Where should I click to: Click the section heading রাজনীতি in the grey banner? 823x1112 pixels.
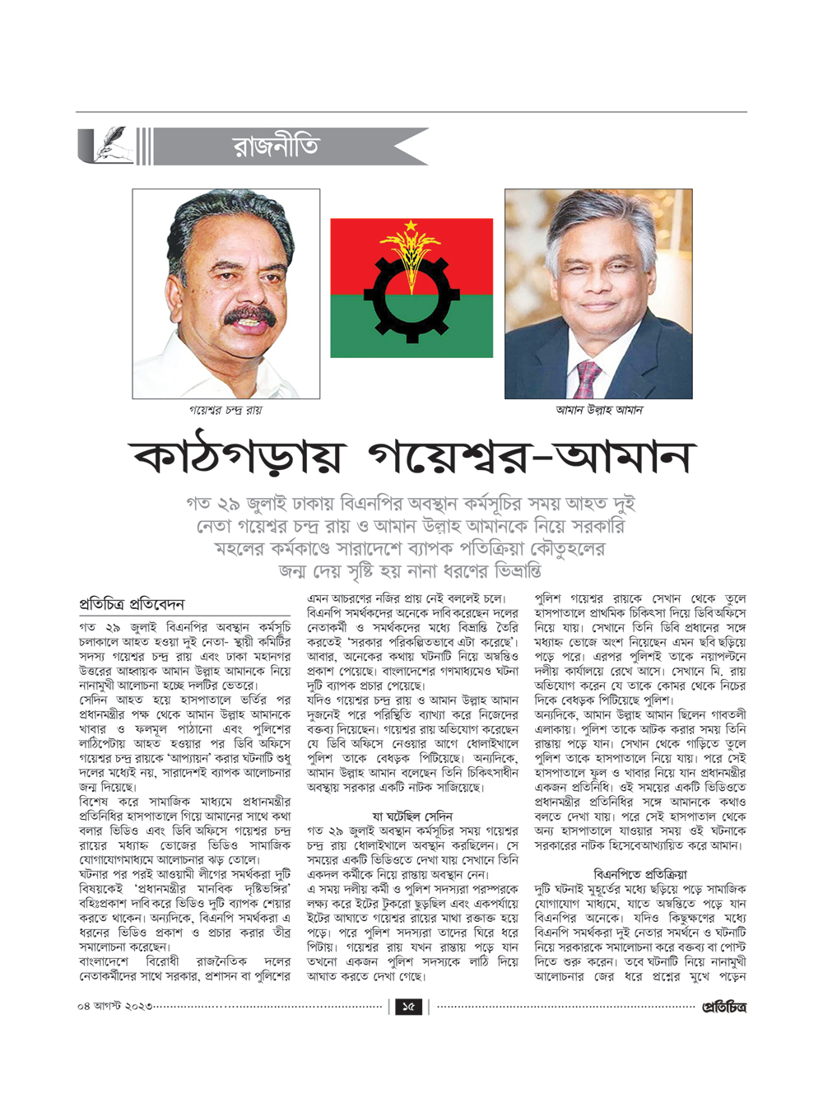276,147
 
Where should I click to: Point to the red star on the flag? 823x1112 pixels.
410,226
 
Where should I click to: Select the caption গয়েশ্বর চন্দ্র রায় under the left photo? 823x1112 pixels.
226,410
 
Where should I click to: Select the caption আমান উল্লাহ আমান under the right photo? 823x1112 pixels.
598,410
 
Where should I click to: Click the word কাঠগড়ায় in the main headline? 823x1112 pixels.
239,458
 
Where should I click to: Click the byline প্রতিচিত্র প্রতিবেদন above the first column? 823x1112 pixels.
132,604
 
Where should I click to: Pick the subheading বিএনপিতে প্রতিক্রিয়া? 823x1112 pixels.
639,874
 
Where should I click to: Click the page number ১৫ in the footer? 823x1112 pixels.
409,1006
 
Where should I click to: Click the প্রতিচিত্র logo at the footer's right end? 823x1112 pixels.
724,1007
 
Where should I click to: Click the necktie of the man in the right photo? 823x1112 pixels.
588,380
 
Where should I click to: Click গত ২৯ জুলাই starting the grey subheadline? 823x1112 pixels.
239,504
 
